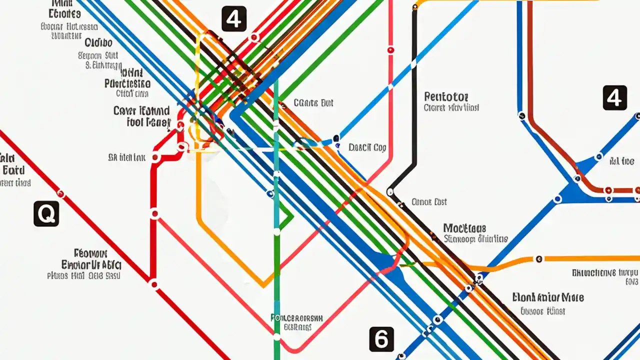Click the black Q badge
click(46, 214)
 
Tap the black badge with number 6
click(381, 339)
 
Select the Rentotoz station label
click(446, 96)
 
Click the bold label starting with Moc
click(465, 228)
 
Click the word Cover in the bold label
click(125, 110)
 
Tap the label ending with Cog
click(367, 147)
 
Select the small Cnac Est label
click(429, 202)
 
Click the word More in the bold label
click(571, 297)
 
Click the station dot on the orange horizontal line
click(538, 259)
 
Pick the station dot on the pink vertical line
click(390, 50)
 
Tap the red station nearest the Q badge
click(61, 193)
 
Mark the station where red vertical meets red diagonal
click(154, 284)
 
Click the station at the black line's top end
click(415, 7)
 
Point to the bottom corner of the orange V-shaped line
click(264, 286)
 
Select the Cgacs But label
click(313, 103)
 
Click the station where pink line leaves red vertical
click(155, 214)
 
